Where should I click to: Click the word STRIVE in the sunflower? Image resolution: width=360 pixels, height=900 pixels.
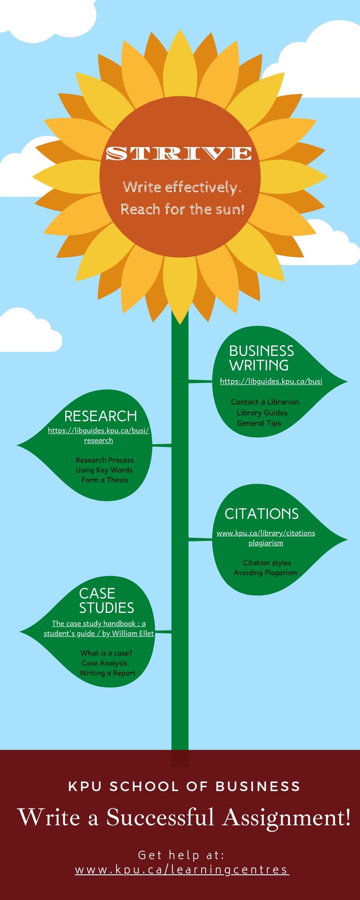(x=179, y=153)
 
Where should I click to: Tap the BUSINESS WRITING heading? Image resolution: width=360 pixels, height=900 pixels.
(x=261, y=358)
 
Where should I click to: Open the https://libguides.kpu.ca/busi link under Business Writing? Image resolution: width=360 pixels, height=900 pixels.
(x=271, y=381)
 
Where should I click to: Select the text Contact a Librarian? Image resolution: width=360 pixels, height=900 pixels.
(x=265, y=402)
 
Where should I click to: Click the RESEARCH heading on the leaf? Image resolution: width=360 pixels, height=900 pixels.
(x=100, y=416)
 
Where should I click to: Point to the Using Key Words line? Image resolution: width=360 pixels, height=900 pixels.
(x=104, y=470)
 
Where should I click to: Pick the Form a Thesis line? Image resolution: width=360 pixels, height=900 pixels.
(x=104, y=480)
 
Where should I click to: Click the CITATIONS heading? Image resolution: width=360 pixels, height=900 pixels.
(x=261, y=514)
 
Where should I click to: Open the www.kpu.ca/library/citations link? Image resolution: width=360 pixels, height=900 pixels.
(x=265, y=533)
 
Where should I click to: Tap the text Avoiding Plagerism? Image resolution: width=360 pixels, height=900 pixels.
(x=265, y=572)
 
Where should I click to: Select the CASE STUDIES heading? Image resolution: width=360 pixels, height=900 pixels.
(x=106, y=600)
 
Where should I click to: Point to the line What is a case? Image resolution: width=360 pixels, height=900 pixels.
(x=106, y=653)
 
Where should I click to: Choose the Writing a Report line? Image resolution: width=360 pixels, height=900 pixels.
(x=107, y=673)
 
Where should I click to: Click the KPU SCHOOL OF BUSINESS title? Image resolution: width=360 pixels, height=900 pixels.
(x=184, y=786)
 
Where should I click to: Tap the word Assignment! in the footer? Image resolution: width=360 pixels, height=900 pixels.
(x=287, y=817)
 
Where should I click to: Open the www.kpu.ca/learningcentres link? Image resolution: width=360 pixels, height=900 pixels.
(x=182, y=869)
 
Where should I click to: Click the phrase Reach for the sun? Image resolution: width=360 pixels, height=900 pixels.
(x=182, y=209)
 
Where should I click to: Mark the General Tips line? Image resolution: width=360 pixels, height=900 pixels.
(x=259, y=423)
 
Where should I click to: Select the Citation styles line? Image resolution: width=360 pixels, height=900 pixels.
(x=267, y=562)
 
